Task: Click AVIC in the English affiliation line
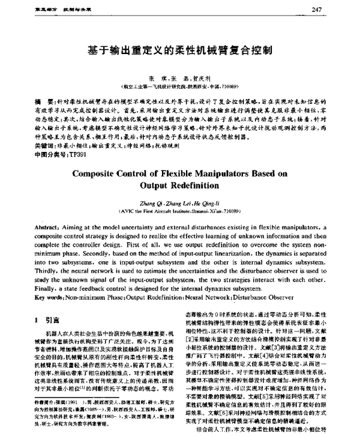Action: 129,211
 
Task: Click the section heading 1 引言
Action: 47,320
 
